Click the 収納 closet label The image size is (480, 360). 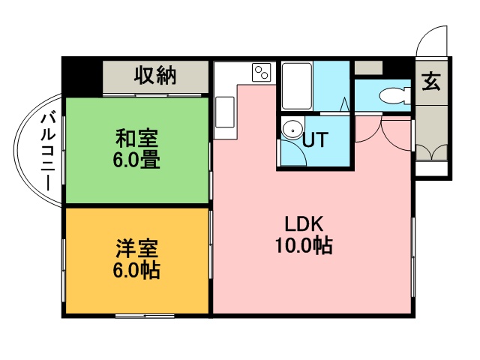click(x=155, y=76)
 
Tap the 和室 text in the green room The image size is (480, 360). click(x=136, y=139)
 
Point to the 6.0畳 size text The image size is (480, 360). click(x=136, y=160)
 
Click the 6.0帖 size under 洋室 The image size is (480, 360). click(x=136, y=270)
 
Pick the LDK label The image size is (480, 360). click(x=303, y=224)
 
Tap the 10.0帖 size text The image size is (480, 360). click(x=303, y=245)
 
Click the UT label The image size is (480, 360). click(x=314, y=139)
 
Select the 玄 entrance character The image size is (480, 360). click(x=430, y=81)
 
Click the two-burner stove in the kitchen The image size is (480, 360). click(x=262, y=73)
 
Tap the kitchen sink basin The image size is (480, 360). click(x=225, y=111)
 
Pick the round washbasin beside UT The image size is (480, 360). click(x=290, y=129)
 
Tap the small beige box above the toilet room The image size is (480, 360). click(x=368, y=68)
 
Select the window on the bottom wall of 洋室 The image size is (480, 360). click(x=145, y=315)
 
